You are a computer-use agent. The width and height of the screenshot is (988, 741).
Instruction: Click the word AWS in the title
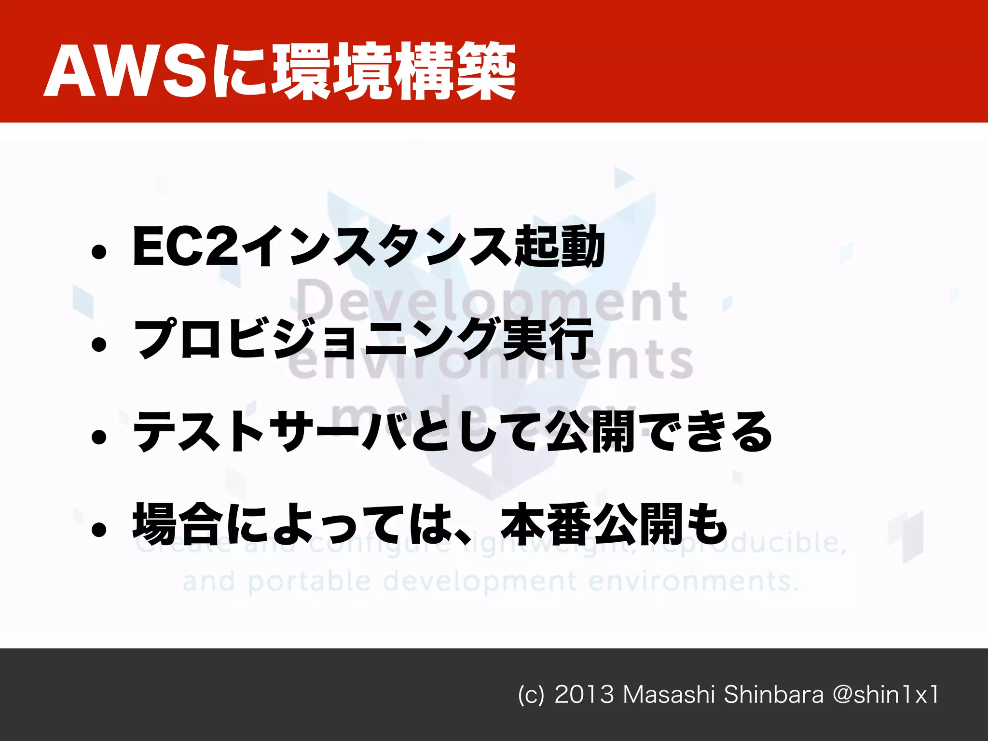coord(126,71)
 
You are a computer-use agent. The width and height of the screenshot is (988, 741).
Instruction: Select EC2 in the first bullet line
coord(185,247)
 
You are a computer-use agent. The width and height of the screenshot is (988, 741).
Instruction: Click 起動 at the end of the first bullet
coord(560,247)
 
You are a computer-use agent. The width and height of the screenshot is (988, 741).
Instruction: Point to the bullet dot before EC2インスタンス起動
coord(99,252)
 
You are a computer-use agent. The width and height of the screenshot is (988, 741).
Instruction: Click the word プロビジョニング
coord(316,339)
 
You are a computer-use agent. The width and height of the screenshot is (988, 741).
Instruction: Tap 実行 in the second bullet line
coord(548,339)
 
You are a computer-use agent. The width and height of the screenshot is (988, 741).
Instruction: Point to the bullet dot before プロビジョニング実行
coord(99,344)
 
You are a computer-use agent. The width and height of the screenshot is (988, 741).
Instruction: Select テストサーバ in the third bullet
coord(270,432)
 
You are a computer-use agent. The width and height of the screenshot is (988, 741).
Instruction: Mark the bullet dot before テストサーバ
coord(99,437)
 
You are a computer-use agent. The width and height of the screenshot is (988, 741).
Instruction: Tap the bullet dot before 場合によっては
coord(99,530)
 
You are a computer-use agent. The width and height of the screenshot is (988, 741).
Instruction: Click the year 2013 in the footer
coord(584,695)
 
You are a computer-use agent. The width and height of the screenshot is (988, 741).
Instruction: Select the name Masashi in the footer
coord(669,695)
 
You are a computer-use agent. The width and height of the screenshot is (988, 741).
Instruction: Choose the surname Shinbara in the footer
coord(774,695)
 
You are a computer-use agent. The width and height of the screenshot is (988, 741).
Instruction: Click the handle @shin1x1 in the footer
coord(886,695)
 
